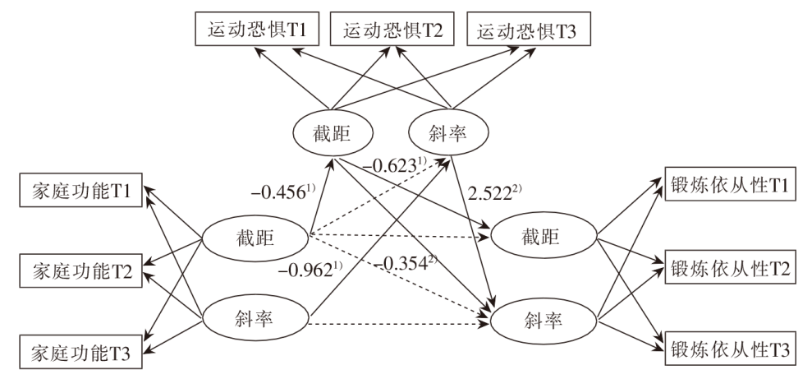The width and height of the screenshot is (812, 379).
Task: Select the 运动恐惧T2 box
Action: click(390, 30)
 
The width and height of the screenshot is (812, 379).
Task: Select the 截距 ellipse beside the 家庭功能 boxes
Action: click(255, 237)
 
